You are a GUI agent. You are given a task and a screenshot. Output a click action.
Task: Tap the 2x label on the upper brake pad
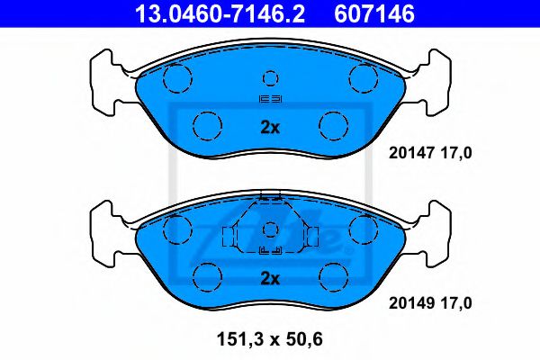(x=270, y=127)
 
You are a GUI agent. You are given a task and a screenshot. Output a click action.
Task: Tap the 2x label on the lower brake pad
(x=270, y=277)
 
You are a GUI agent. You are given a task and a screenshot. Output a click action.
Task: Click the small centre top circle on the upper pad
(x=270, y=77)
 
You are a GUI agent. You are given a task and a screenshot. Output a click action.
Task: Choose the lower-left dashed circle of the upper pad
(x=208, y=122)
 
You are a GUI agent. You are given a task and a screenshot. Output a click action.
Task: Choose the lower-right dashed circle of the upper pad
(x=333, y=122)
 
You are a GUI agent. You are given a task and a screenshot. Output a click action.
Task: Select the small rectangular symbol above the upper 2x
(x=270, y=100)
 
